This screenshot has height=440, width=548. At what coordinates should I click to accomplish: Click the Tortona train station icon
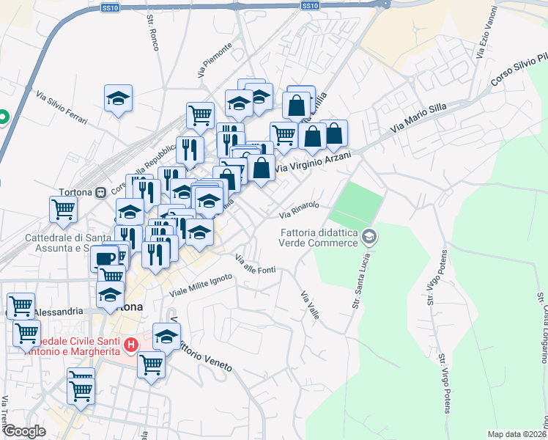pos(100,192)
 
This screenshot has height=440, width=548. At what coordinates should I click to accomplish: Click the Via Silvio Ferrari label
pos(61,107)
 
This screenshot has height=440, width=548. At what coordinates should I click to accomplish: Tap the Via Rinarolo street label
pos(299,210)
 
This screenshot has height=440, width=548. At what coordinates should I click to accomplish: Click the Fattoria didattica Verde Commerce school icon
pos(370,235)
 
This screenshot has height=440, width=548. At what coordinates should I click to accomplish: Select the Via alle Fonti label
pos(255,265)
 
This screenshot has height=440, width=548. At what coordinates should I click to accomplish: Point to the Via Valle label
pos(310,304)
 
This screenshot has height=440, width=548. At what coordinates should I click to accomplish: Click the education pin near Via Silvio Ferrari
pos(118,98)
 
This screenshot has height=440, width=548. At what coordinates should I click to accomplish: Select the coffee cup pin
pos(105,258)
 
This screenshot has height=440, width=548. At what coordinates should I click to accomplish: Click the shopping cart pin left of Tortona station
pos(63,208)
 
